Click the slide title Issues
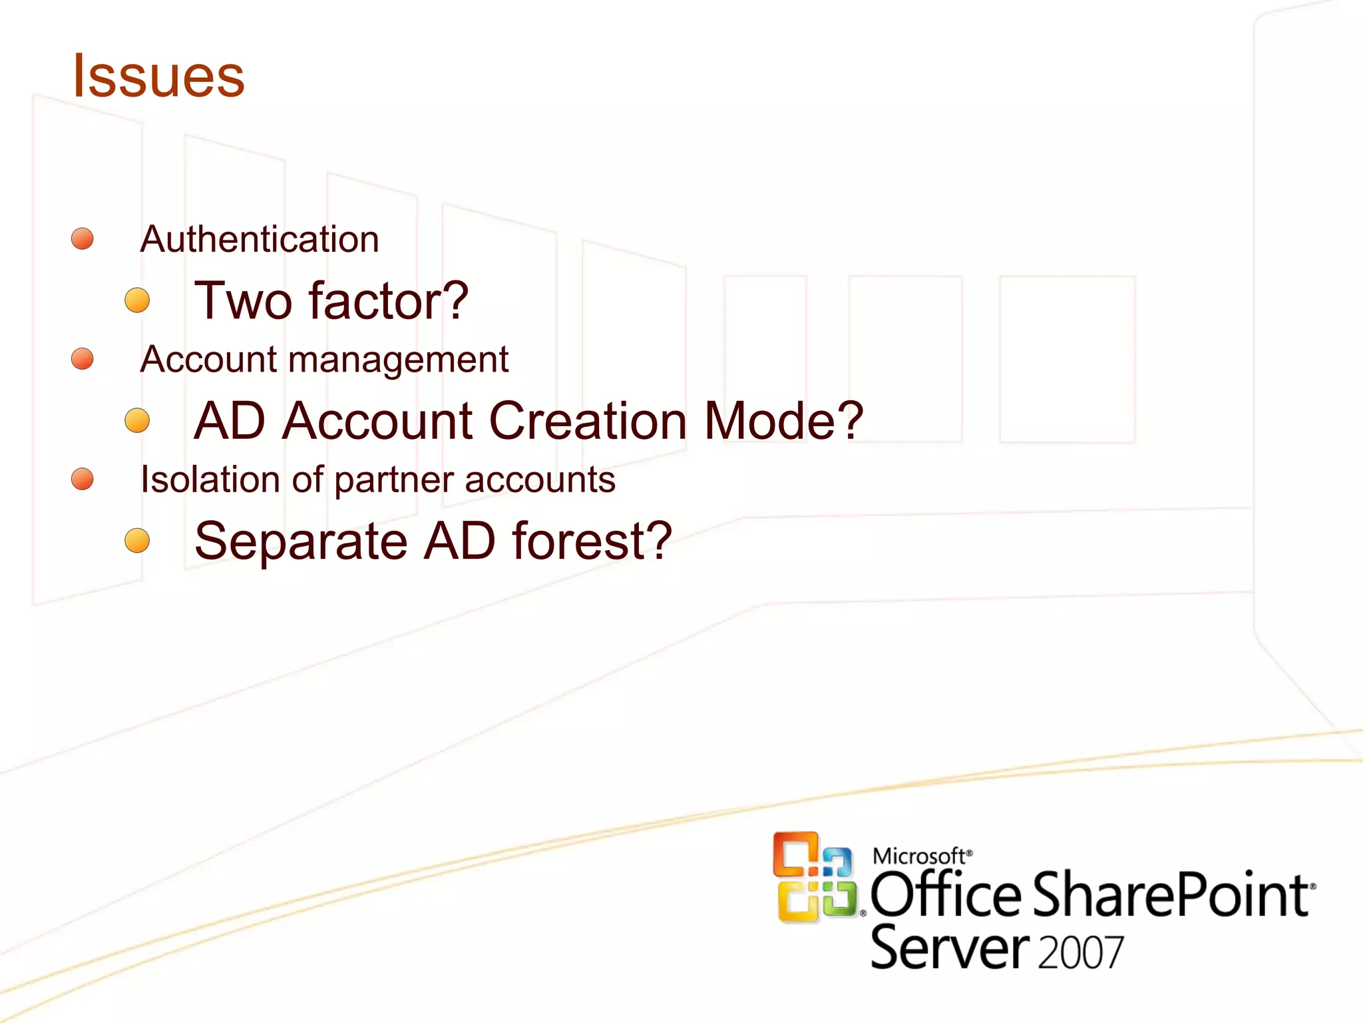[158, 76]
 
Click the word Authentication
[260, 239]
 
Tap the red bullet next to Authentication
[83, 238]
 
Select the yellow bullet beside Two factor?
[137, 300]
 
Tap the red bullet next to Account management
[83, 358]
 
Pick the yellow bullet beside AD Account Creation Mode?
[137, 420]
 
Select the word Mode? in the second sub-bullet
[783, 421]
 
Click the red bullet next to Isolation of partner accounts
[83, 478]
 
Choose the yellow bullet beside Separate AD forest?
[137, 540]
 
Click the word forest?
[592, 541]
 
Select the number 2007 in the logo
[1080, 952]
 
